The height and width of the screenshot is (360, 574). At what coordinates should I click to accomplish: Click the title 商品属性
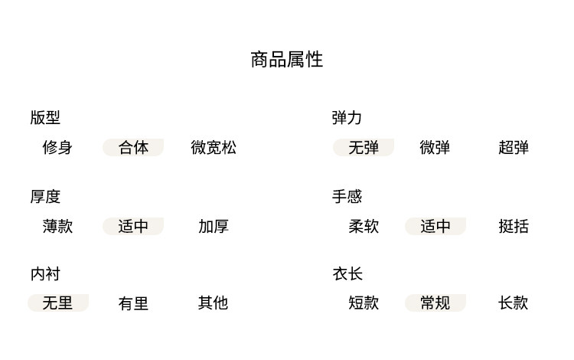(x=287, y=60)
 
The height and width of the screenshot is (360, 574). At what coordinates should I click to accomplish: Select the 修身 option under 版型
(x=57, y=148)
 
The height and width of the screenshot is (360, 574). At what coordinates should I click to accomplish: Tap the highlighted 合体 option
(x=133, y=148)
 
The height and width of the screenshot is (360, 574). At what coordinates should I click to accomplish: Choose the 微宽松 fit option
(x=214, y=148)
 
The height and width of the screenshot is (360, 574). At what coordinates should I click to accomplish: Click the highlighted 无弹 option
(x=364, y=148)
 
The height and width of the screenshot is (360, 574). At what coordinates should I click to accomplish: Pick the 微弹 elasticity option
(x=435, y=148)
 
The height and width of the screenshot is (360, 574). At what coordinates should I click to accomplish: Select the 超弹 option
(x=514, y=148)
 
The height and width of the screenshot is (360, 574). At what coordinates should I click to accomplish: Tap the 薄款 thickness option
(x=57, y=227)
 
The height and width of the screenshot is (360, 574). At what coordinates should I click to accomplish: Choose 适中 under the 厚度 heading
(x=133, y=227)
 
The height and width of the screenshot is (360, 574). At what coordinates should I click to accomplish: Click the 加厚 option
(x=214, y=227)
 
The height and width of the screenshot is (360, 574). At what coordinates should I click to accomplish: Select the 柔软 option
(x=364, y=227)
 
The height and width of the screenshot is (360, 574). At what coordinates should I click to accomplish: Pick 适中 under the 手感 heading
(x=435, y=227)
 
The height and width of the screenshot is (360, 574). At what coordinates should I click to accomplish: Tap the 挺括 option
(x=514, y=227)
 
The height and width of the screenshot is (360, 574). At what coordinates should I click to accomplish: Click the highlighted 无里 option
(x=57, y=303)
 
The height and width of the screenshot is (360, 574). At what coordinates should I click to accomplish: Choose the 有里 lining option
(x=133, y=303)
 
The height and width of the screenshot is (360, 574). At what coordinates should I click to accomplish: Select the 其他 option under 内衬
(x=214, y=303)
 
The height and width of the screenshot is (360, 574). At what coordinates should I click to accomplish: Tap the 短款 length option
(x=364, y=303)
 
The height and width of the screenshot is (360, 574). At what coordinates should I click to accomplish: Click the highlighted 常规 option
(x=435, y=303)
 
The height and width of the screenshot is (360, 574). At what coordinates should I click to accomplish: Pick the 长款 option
(x=514, y=303)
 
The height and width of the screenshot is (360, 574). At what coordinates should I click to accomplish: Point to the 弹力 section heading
(x=347, y=118)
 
